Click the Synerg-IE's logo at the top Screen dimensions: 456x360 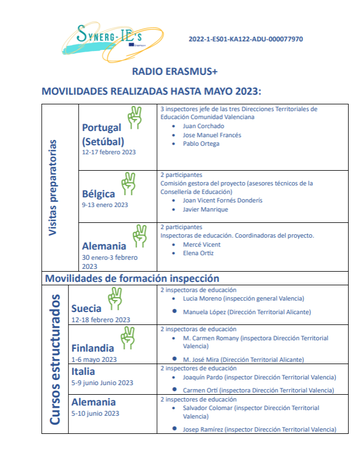116,37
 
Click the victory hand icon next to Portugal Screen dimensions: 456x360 134,117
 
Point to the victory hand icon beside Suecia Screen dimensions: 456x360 115,297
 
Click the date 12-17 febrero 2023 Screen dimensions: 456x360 109,152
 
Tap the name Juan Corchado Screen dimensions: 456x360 204,126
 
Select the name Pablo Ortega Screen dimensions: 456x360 201,144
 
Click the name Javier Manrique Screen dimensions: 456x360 205,209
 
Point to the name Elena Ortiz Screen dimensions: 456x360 198,253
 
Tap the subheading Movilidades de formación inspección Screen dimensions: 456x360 132,278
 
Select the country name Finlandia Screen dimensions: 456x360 92,348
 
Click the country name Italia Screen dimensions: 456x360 83,372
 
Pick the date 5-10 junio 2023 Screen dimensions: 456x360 96,413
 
